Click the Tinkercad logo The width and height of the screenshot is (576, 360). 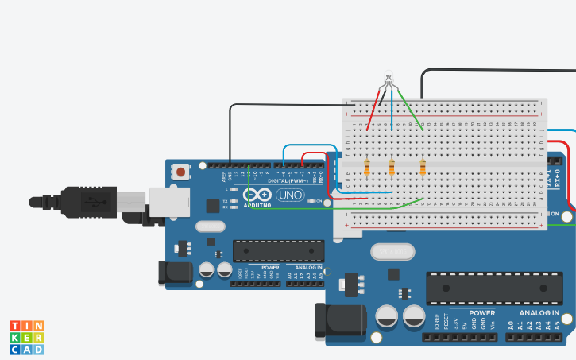(26, 337)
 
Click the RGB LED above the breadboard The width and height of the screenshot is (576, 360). (388, 80)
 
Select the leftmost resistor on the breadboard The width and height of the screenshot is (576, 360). (366, 167)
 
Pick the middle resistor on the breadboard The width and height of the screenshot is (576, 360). (392, 167)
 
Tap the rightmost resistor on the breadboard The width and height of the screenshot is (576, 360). (422, 167)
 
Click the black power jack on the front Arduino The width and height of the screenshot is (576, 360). (340, 321)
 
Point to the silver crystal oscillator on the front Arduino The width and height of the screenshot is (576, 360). (392, 251)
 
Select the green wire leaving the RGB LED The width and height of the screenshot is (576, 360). (407, 106)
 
